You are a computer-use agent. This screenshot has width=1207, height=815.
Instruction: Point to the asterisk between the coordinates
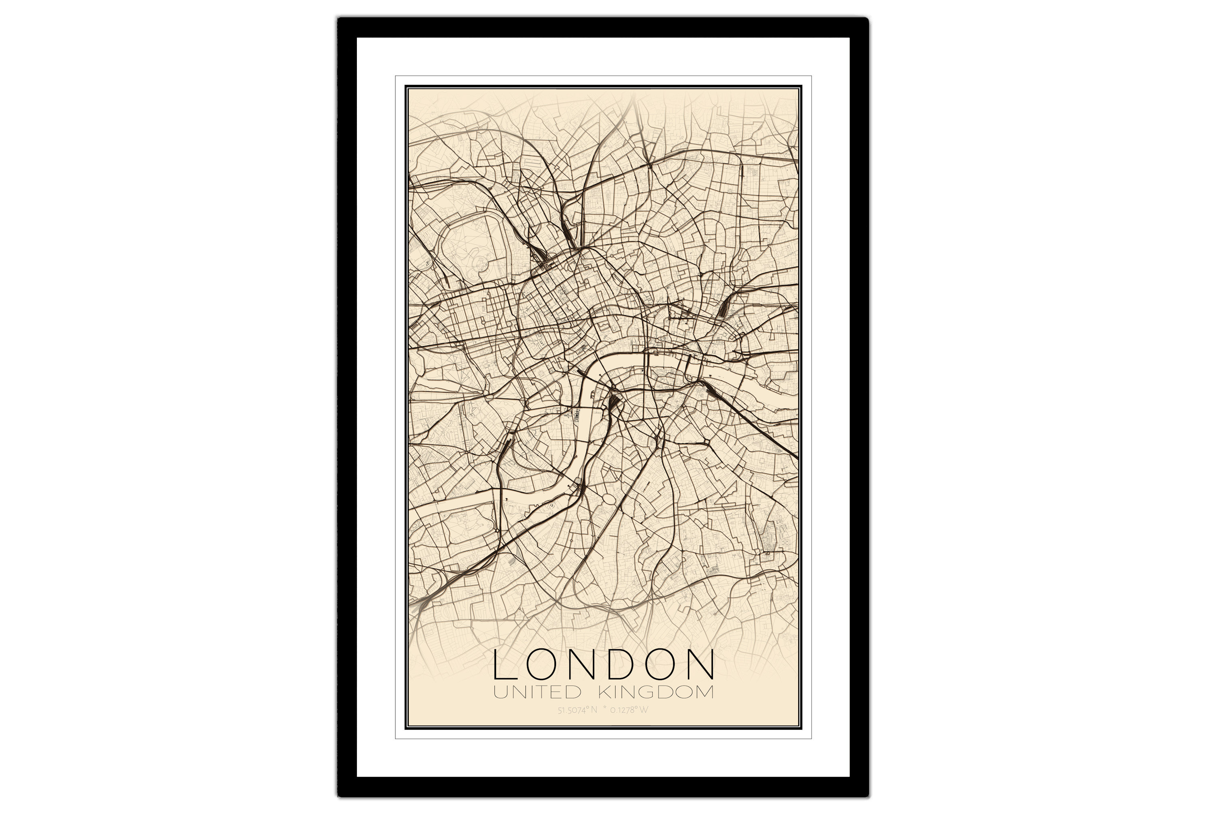605,709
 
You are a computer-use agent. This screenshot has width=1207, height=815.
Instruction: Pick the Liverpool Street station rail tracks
723,312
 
